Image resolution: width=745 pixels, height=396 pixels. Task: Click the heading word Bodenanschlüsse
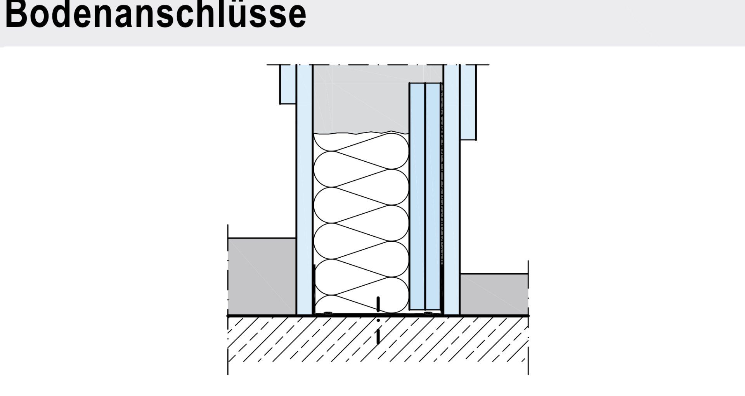click(155, 15)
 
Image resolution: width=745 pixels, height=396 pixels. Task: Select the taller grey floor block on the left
click(262, 276)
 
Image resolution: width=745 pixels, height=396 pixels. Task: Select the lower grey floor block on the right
click(494, 294)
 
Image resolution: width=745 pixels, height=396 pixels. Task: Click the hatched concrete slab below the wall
click(377, 346)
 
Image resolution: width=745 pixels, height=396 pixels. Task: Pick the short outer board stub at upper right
click(468, 101)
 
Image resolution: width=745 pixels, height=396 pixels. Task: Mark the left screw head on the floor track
click(328, 313)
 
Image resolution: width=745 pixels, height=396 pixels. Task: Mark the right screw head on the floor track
click(428, 313)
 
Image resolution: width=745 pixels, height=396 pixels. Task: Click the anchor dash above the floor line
click(378, 304)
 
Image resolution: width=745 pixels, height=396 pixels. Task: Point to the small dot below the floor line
click(378, 321)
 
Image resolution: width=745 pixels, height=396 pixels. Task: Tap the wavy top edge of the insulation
click(361, 133)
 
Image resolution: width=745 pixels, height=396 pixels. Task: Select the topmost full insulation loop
click(361, 160)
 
